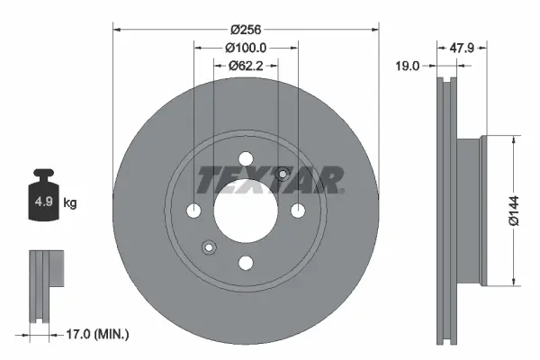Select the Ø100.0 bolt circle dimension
point(246,47)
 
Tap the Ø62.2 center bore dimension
point(246,65)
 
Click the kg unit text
point(70,203)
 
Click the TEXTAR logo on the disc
point(270,180)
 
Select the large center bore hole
point(246,210)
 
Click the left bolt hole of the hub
point(194,210)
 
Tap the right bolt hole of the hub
point(297,210)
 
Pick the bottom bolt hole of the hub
point(246,262)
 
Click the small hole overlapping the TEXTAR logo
point(282,174)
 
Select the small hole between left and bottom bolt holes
point(210,247)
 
